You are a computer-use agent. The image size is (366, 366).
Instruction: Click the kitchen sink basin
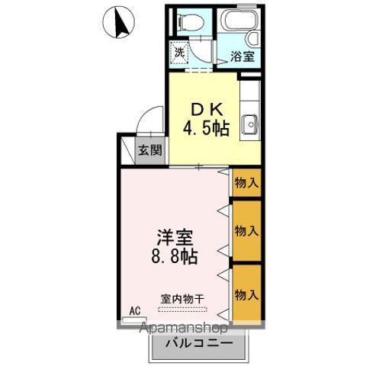click(249, 124)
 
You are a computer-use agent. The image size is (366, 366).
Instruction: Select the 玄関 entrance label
click(149, 150)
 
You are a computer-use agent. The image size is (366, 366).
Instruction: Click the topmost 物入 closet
click(246, 183)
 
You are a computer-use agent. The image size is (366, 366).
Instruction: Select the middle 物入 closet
click(246, 230)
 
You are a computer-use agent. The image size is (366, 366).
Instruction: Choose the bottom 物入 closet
click(246, 294)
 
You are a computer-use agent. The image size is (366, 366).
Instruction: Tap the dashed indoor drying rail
click(182, 309)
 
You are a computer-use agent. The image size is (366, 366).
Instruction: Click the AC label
click(135, 310)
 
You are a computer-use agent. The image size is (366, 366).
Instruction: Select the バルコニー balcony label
click(197, 343)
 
